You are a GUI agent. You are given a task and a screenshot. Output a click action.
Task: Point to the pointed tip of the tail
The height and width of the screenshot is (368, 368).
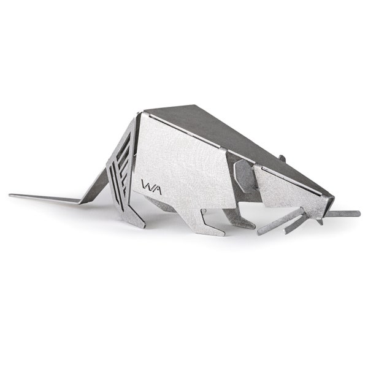(10, 195)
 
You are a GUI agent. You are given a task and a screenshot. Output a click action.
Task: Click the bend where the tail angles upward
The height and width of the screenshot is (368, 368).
(82, 202)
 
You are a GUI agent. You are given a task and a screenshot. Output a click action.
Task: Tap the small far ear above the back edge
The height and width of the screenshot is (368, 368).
(282, 158)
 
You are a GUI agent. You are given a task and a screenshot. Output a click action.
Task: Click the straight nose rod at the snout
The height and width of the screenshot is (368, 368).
(343, 213)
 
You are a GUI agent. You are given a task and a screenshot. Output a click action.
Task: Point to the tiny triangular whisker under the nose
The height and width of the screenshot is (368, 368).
(320, 221)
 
